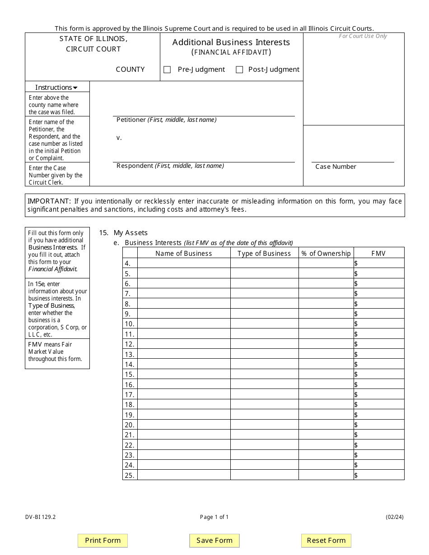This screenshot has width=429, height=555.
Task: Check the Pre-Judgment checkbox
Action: (167, 69)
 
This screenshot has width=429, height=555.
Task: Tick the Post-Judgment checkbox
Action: (239, 69)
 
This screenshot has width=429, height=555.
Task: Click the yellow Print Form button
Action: (103, 541)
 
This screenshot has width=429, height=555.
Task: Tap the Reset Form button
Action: (326, 541)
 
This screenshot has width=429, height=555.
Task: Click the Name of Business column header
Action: (183, 254)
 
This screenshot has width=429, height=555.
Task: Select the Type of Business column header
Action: (264, 254)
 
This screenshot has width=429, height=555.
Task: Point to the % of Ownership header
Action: (326, 254)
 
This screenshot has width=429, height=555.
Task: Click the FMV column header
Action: (378, 254)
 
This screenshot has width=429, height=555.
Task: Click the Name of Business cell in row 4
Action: (184, 264)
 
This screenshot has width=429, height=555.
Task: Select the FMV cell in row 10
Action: (379, 324)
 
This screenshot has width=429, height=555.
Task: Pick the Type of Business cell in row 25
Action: (264, 475)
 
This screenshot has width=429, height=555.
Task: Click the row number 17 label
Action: (130, 395)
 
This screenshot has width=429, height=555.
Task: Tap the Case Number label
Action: (336, 167)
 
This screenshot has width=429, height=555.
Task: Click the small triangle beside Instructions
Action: (75, 88)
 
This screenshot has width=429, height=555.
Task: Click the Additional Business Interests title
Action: (231, 42)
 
